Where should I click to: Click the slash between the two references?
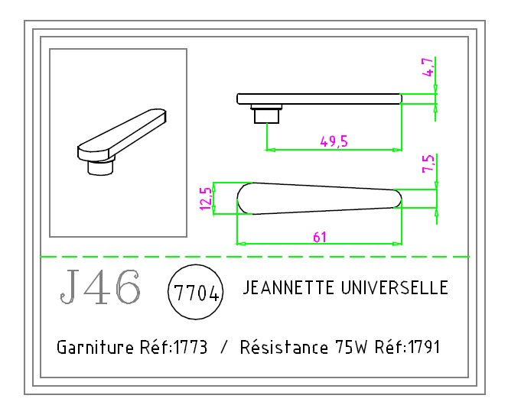pos(223,348)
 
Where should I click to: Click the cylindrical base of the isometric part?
pos(100,167)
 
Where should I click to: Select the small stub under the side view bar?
pos(266,114)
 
